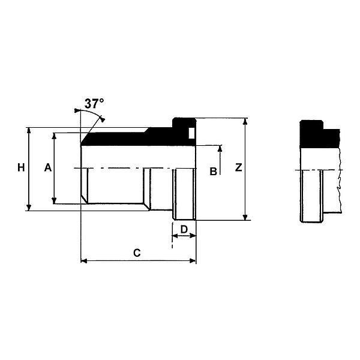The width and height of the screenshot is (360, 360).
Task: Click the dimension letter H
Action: click(21, 168)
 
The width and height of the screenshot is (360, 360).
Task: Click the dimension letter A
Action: click(48, 168)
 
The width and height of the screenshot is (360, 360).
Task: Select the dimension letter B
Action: click(212, 171)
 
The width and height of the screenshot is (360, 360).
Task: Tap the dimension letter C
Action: click(137, 253)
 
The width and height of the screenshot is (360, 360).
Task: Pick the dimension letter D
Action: click(184, 230)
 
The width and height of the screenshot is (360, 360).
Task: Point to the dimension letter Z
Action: click(238, 168)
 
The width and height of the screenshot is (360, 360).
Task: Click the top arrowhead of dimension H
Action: click(29, 130)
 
